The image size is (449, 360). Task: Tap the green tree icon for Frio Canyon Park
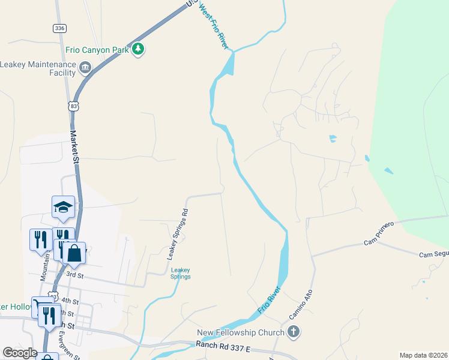139,49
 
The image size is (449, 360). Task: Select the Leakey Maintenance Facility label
38,68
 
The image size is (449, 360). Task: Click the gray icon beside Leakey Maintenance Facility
85,67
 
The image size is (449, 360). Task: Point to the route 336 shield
59,28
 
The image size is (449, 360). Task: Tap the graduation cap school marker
63,206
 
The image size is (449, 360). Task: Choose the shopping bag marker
74,253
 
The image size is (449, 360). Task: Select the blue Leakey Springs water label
181,273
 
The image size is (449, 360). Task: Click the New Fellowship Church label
240,332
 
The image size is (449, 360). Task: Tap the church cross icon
294,331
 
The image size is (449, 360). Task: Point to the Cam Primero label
379,233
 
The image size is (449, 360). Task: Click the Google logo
20,353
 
